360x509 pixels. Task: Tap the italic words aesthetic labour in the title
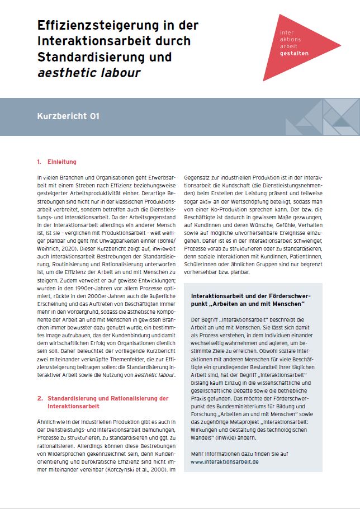[89, 73]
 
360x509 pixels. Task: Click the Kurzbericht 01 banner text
[68, 116]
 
